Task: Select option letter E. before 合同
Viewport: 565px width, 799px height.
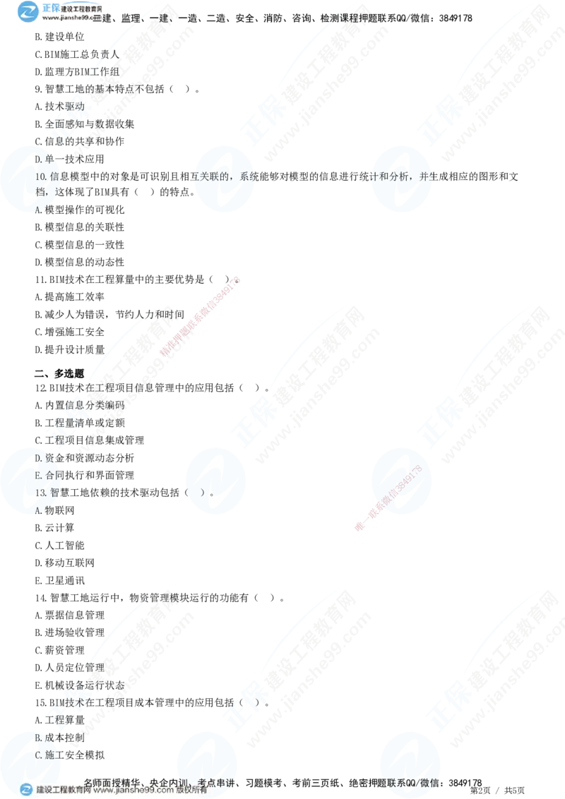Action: [x=38, y=475]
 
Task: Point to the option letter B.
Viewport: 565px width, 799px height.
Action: [x=38, y=738]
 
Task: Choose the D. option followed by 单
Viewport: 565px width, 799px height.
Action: [x=38, y=160]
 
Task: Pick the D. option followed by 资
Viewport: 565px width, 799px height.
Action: [x=38, y=458]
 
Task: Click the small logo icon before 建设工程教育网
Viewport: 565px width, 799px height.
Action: [x=26, y=790]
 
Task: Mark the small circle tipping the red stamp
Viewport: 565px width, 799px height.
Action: [x=237, y=281]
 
